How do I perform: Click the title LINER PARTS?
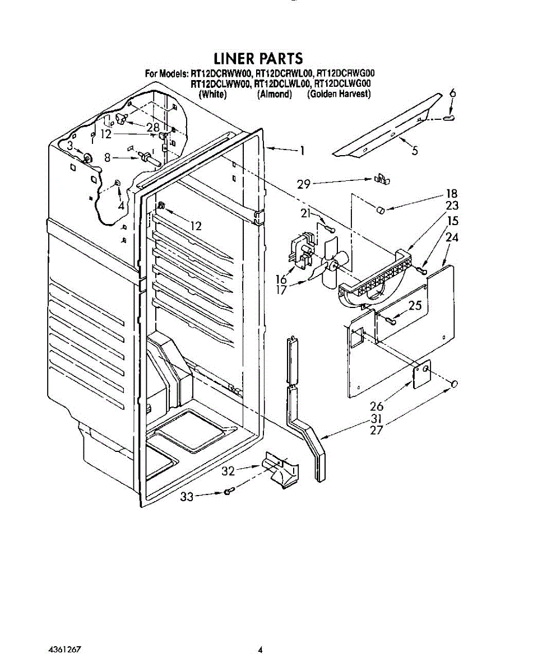(258, 58)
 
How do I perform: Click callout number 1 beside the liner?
(302, 150)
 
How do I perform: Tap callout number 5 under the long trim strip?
(414, 150)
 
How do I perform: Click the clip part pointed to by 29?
(382, 179)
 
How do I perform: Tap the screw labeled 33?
(228, 492)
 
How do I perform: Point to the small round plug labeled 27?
(455, 384)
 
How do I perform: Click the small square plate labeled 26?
(422, 374)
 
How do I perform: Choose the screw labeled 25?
(391, 320)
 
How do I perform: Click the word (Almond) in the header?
(275, 95)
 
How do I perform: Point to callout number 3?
(69, 146)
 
